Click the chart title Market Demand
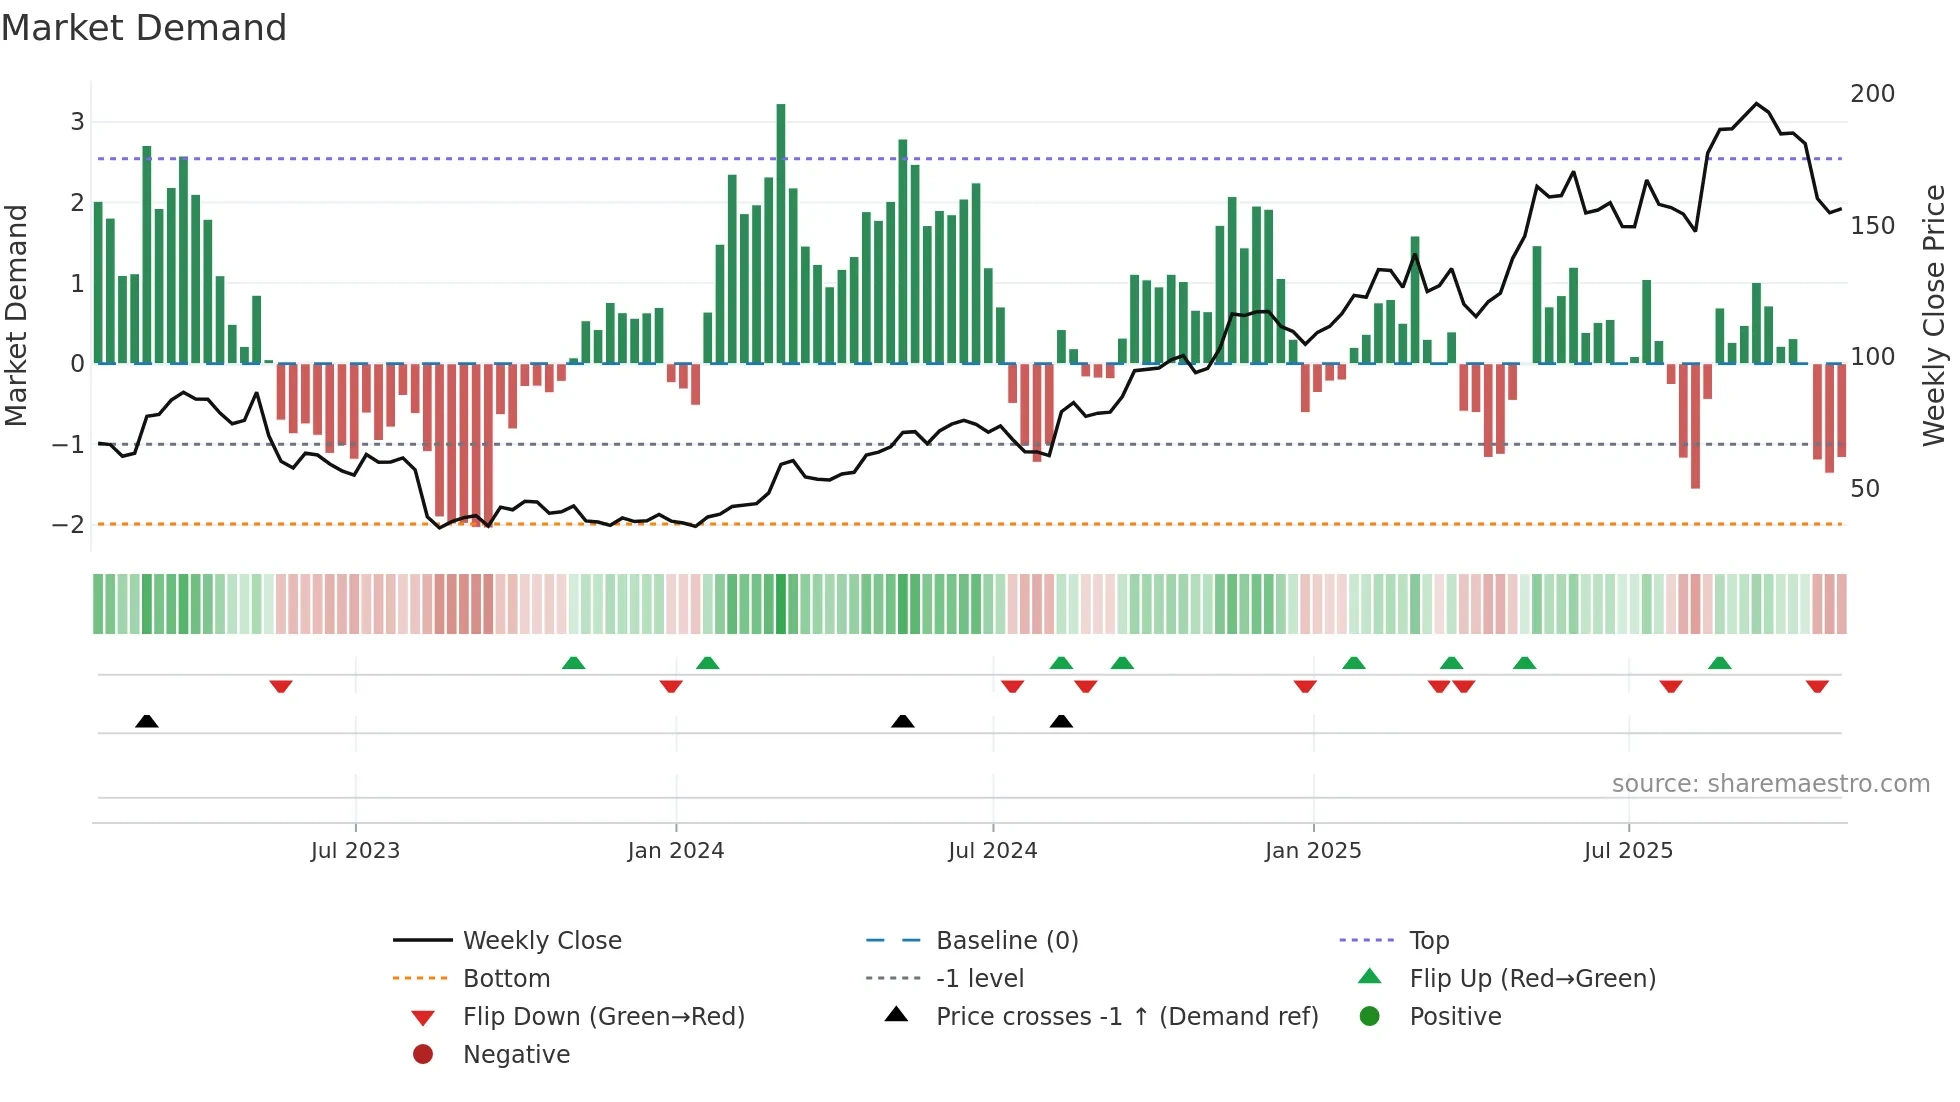click(x=144, y=28)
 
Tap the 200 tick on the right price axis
click(x=1872, y=94)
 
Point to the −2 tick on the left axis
click(x=68, y=525)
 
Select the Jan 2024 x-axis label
click(x=675, y=851)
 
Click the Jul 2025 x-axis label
click(x=1628, y=851)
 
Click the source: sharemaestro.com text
click(x=1770, y=784)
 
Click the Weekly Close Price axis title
click(x=1934, y=315)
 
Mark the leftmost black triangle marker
click(x=147, y=721)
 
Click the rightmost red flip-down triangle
click(x=1817, y=686)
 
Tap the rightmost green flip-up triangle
click(x=1719, y=663)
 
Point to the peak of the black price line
click(x=1756, y=104)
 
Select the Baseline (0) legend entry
click(x=1006, y=941)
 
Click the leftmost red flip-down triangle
click(x=281, y=686)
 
